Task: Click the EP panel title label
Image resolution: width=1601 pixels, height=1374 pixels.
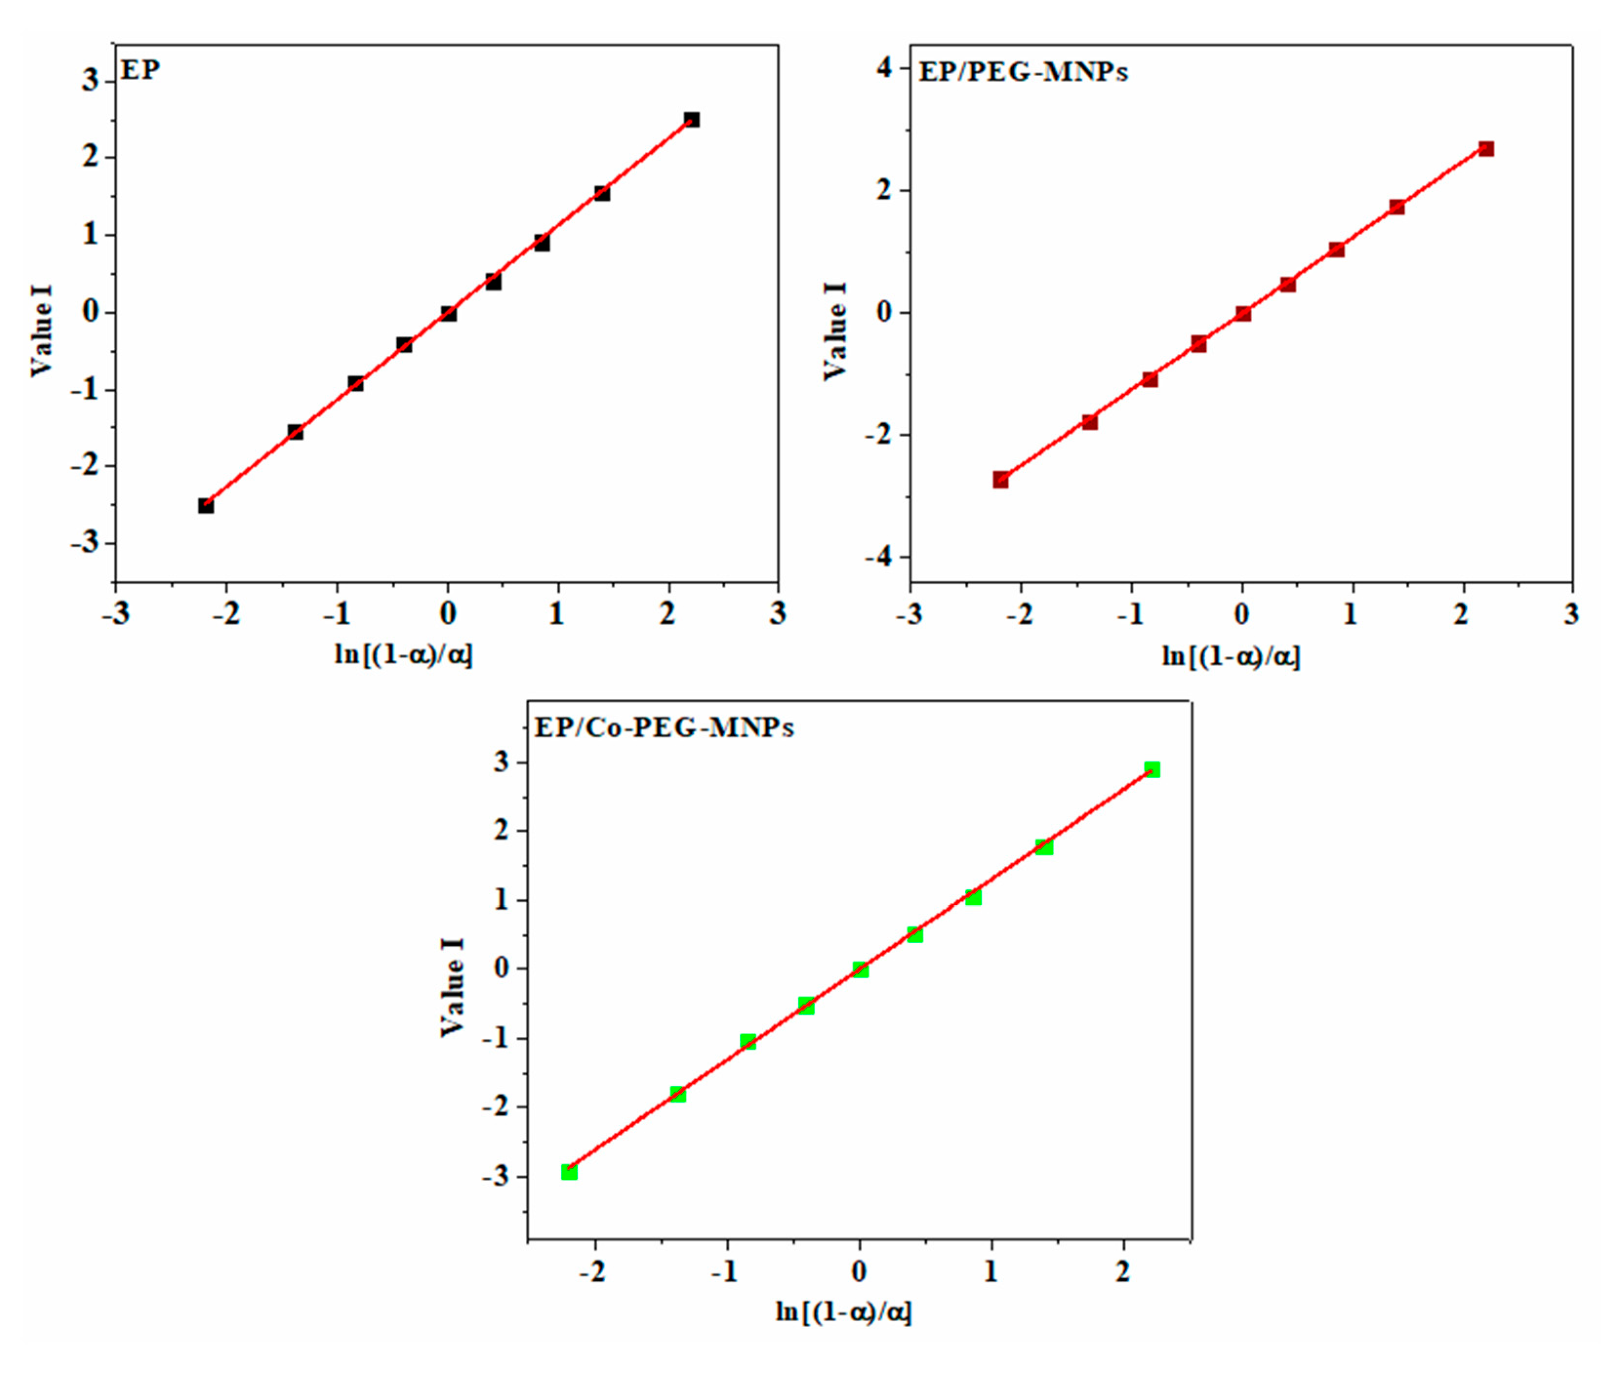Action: pos(141,70)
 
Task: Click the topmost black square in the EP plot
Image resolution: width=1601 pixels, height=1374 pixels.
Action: pos(691,120)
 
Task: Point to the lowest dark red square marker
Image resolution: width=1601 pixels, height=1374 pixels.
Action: pos(1001,480)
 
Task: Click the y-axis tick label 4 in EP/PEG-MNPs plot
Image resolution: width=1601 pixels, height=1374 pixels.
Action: pos(883,68)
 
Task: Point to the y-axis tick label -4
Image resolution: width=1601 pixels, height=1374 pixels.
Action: pos(876,557)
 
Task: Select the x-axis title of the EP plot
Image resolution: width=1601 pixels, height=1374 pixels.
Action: pos(404,656)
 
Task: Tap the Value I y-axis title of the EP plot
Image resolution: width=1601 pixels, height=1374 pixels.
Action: pos(42,331)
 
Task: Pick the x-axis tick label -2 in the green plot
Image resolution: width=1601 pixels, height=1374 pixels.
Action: pos(593,1272)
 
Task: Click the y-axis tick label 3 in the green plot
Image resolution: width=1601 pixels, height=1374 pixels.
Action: pos(502,763)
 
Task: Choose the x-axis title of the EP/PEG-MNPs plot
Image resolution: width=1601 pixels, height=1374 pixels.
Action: pos(1232,657)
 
